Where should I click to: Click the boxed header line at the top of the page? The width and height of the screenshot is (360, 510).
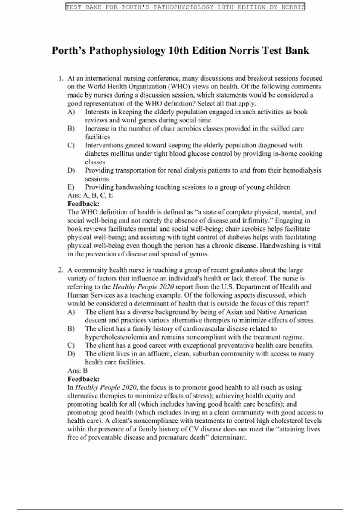185,7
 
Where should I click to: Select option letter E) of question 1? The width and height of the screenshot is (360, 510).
71,187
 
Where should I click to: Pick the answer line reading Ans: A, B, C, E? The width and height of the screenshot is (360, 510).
90,196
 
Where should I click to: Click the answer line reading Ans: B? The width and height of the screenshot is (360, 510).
77,370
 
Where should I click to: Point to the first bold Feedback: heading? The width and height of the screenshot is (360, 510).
83,204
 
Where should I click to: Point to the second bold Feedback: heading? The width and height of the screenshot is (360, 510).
83,379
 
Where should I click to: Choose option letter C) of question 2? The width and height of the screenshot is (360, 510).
71,345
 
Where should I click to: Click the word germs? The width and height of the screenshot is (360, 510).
199,254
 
